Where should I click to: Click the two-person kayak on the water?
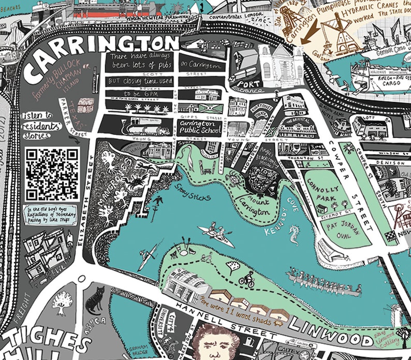point(216,234)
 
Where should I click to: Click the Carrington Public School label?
point(198,127)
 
